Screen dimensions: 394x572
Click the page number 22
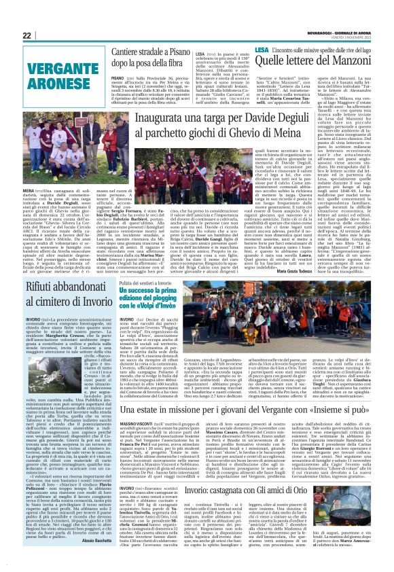pos(27,35)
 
